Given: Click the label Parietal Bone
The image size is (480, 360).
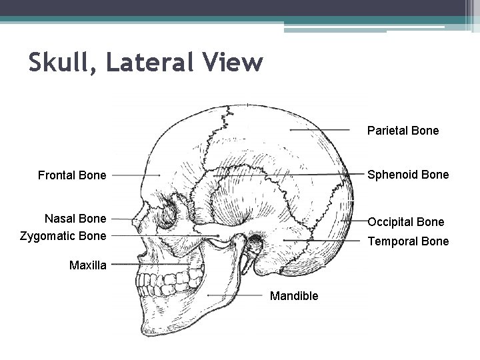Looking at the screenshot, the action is tap(403, 131).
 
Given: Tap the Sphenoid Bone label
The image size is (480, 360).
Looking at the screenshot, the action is tap(408, 175).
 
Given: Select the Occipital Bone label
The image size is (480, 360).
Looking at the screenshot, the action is tap(406, 221).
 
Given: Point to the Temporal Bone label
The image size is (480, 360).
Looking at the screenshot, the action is tap(409, 241).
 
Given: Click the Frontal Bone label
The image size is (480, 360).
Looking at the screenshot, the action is tap(72, 175).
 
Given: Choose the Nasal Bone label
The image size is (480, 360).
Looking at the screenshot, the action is tap(75, 219).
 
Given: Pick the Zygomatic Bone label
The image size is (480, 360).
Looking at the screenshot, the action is tap(63, 236).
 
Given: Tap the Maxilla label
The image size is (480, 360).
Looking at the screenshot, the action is tap(88, 265).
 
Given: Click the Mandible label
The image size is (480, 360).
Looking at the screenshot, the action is tap(294, 295).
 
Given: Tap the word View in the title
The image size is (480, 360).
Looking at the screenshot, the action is tap(234, 63).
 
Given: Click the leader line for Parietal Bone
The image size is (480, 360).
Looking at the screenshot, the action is tap(320, 130).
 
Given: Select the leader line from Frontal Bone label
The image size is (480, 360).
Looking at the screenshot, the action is tap(136, 175).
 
